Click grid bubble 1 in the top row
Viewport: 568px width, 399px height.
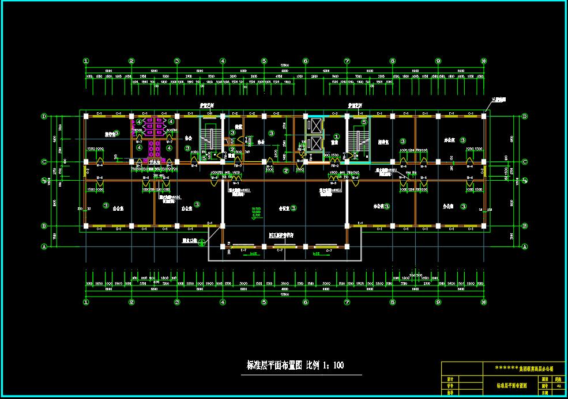pyautogui.click(x=86, y=60)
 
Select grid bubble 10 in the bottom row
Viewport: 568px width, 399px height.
pyautogui.click(x=483, y=302)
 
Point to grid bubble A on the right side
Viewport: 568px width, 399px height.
pyautogui.click(x=524, y=246)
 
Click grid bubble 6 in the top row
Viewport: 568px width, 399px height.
pyautogui.click(x=306, y=60)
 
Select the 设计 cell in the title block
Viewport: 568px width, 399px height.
pyautogui.click(x=450, y=379)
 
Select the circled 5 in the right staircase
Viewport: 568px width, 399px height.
pyautogui.click(x=364, y=121)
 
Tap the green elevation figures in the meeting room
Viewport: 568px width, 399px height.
pyautogui.click(x=256, y=211)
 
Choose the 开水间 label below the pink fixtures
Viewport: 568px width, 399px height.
pyautogui.click(x=148, y=162)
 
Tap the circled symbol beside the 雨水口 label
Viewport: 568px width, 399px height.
pyautogui.click(x=202, y=243)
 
